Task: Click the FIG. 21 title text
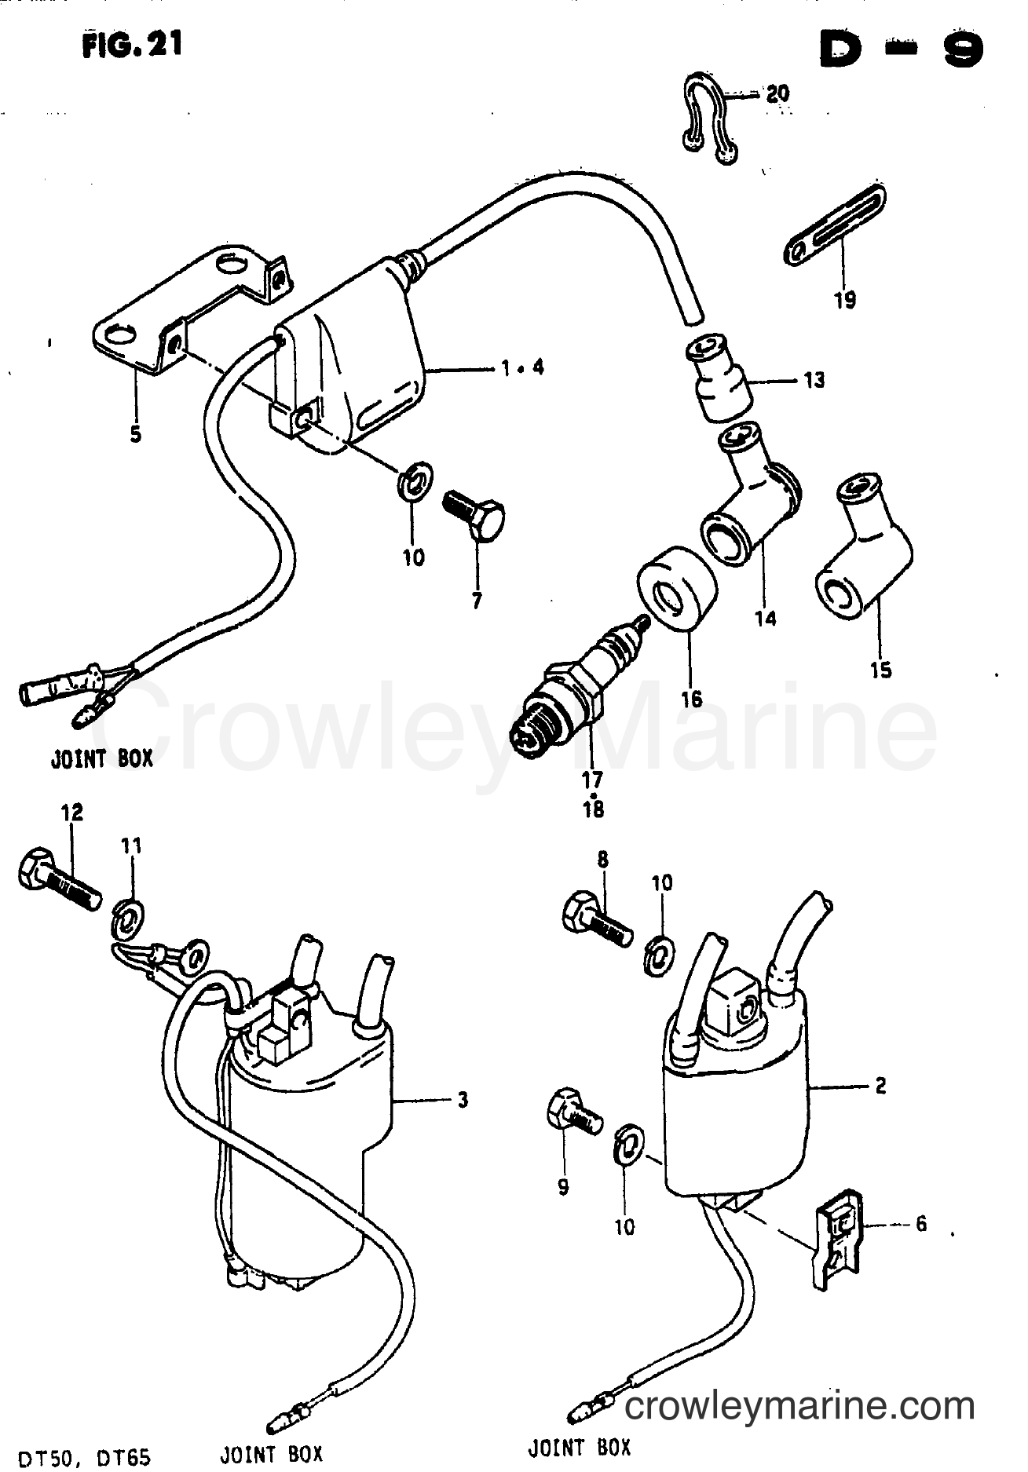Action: coord(130,46)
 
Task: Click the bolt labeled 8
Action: coord(597,918)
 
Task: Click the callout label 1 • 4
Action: coord(521,367)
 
